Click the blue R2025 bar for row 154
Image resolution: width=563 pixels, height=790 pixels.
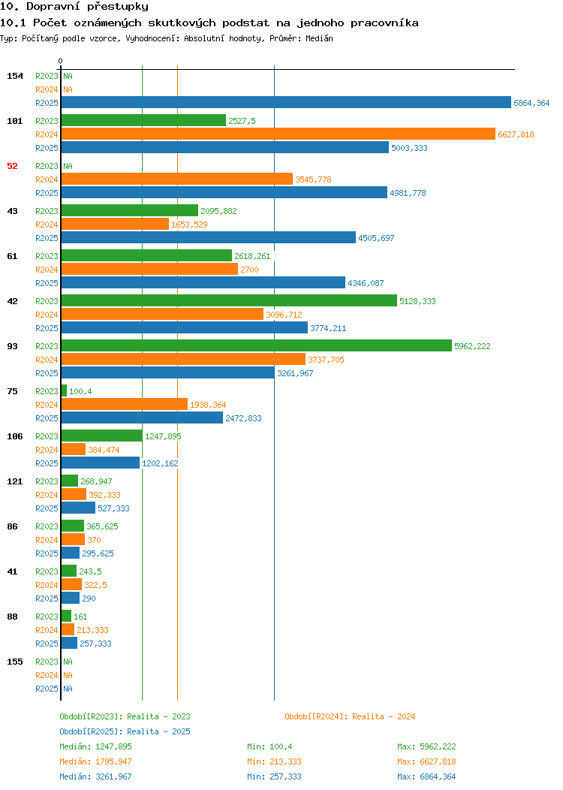pos(286,102)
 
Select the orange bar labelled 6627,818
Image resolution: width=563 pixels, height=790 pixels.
pos(278,134)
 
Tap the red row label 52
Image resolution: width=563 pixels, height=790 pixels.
pos(12,166)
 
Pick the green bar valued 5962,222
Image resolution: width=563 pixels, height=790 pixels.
pos(256,345)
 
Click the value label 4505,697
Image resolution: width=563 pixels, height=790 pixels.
pos(376,238)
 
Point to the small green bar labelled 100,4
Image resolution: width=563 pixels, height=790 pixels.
pos(64,391)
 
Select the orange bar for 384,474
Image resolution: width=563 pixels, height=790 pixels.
pos(74,449)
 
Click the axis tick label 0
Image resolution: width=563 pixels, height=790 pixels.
pos(61,61)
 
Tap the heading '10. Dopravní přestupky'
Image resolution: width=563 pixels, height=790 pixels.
pos(74,7)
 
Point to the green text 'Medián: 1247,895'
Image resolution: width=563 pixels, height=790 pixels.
pos(95,746)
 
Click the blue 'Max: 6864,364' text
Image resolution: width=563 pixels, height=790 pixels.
pos(426,776)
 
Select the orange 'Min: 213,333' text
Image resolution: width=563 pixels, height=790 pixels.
pos(275,761)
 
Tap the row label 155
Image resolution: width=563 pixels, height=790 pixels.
pos(14,662)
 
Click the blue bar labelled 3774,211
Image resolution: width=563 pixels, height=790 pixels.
pos(185,327)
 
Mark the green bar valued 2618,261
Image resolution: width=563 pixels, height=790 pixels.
pos(146,255)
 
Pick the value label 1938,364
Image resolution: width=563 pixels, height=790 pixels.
pos(208,405)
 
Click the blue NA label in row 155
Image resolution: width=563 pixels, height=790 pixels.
pos(68,689)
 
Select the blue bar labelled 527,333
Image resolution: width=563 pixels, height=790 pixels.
pos(78,508)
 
